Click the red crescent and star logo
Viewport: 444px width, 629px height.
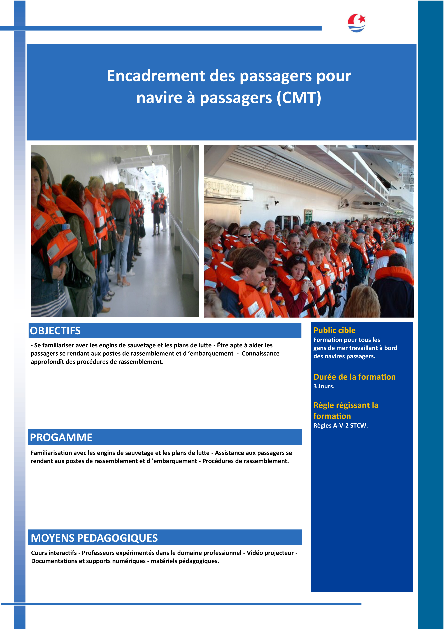[356, 23]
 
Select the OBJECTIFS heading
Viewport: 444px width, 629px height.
[55, 331]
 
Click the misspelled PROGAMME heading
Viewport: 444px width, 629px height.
[61, 437]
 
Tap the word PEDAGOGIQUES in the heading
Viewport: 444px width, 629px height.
[118, 538]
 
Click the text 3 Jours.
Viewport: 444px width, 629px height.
[324, 386]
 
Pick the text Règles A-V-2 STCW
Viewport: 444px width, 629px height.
[340, 425]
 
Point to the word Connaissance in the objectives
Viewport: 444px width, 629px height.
[260, 353]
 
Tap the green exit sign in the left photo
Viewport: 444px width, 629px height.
[161, 190]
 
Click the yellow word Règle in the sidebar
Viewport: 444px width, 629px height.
[326, 405]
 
